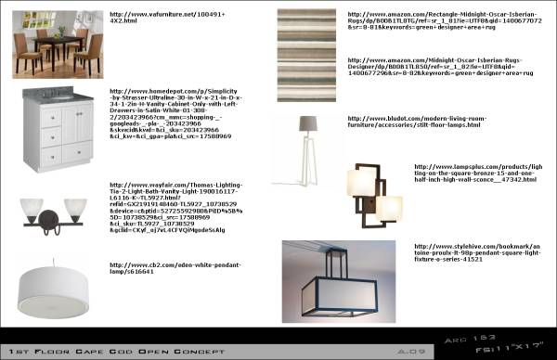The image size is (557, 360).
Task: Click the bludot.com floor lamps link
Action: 408,122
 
